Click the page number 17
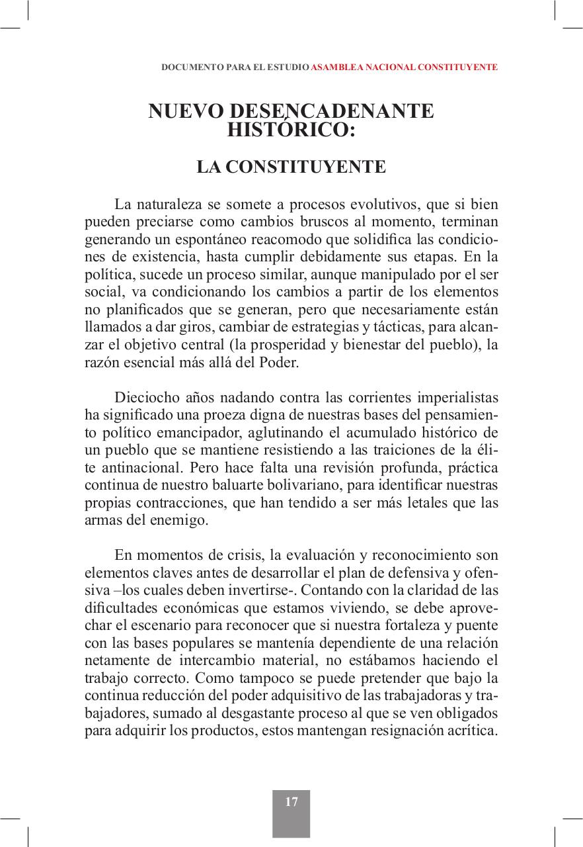(x=291, y=802)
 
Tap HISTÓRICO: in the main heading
(x=291, y=130)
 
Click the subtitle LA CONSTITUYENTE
(x=291, y=167)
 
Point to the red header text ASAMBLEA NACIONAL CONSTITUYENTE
(x=404, y=67)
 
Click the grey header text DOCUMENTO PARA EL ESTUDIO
(x=235, y=67)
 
